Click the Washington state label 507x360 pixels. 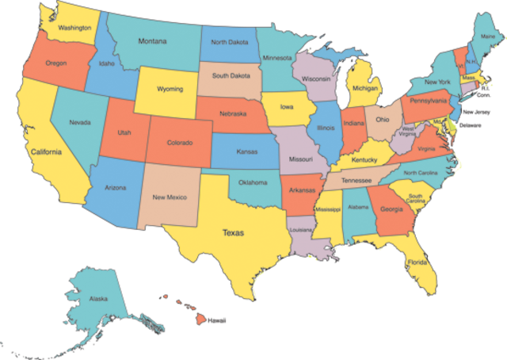74,28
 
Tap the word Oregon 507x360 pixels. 56,63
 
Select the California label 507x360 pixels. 46,151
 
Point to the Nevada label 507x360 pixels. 80,123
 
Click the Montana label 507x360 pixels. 152,41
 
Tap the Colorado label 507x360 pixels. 180,144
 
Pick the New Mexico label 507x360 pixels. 170,197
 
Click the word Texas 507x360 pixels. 234,233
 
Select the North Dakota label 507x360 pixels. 230,43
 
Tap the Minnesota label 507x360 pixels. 277,58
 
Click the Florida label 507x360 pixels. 417,262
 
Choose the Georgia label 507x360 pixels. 391,209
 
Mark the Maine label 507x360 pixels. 488,36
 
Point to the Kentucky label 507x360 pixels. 364,160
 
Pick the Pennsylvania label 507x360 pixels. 430,101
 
